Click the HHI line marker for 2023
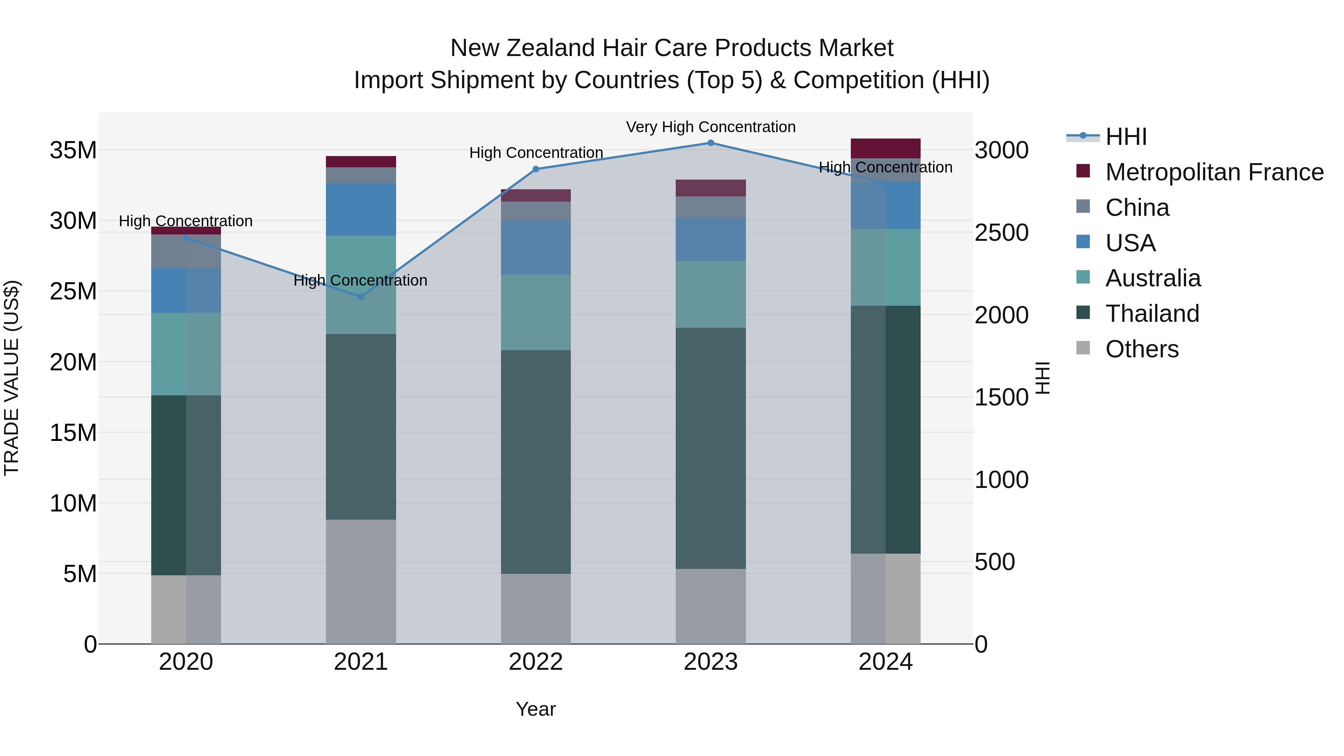[x=710, y=143]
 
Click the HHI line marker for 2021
[x=361, y=296]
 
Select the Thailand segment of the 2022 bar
[x=536, y=462]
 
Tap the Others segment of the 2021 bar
[x=361, y=581]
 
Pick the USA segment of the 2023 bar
[x=710, y=239]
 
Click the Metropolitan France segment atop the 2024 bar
[x=886, y=148]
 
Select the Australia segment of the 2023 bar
[x=710, y=294]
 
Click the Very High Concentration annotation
[x=710, y=127]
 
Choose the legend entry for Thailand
[x=1152, y=314]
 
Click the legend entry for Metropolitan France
[x=1214, y=172]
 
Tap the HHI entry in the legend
[x=1126, y=137]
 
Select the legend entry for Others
[x=1142, y=349]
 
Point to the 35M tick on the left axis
[x=73, y=150]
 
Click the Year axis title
[x=536, y=709]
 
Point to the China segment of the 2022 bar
[x=536, y=211]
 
